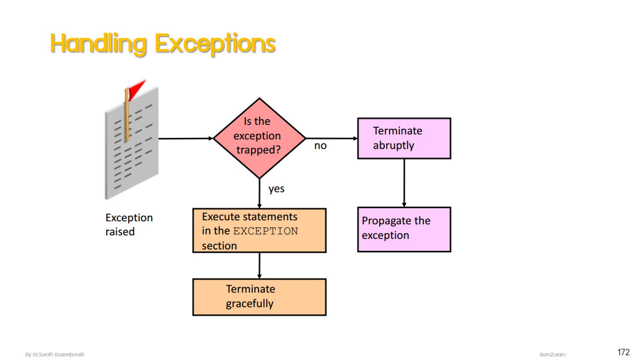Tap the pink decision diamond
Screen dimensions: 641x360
tap(259, 138)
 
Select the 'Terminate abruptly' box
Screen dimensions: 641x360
tap(404, 138)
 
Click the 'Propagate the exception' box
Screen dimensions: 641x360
tap(404, 229)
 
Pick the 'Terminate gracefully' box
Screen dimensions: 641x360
tap(259, 297)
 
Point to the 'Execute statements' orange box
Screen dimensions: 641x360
tap(259, 231)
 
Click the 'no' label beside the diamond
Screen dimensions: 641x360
tap(320, 146)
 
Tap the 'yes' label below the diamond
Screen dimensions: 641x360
tap(276, 189)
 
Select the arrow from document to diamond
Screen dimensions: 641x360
tap(186, 139)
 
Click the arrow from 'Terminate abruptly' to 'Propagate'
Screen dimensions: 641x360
tap(404, 183)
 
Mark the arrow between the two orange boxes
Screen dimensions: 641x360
tap(259, 266)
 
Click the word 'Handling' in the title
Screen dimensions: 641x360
tap(99, 44)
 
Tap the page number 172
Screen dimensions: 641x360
tap(624, 352)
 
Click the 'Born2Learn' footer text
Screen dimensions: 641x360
tap(553, 355)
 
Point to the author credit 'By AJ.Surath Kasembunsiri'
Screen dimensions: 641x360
tap(55, 355)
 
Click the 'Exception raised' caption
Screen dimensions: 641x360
tap(129, 224)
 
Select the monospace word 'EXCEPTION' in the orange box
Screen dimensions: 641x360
tap(265, 231)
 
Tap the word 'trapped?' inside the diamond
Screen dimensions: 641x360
tap(259, 150)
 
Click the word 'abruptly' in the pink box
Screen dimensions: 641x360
tap(393, 145)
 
